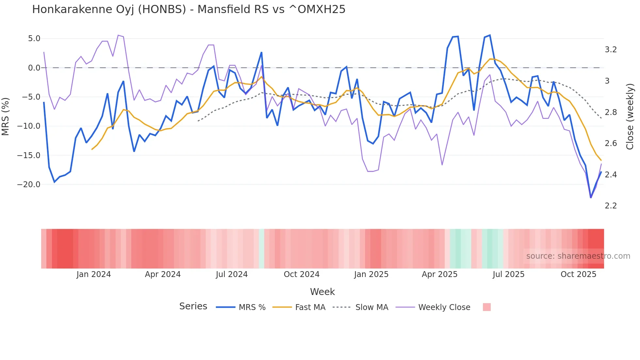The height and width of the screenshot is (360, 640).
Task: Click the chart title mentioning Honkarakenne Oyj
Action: (188, 9)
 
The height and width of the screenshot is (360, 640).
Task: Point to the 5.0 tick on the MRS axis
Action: (34, 39)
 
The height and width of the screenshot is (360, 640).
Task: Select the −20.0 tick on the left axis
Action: (29, 185)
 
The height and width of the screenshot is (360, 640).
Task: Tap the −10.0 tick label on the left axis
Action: (29, 126)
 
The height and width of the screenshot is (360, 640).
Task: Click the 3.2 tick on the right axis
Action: (611, 50)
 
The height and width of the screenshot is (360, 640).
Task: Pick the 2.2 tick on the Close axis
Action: (611, 206)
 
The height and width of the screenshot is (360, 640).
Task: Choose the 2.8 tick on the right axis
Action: (611, 112)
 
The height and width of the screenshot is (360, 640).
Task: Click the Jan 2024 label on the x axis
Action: (94, 274)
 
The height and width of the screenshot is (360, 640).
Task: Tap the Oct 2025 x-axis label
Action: (578, 274)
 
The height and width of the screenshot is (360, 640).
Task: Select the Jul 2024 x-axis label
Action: (232, 274)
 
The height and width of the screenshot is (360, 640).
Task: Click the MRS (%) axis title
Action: (5, 116)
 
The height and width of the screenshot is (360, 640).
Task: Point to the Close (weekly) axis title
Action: (630, 116)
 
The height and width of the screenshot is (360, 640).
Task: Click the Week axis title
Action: (322, 292)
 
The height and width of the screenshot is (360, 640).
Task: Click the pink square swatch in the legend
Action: (487, 307)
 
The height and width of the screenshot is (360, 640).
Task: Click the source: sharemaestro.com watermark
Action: (578, 256)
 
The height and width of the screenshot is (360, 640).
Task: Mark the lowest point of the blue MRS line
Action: (591, 197)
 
